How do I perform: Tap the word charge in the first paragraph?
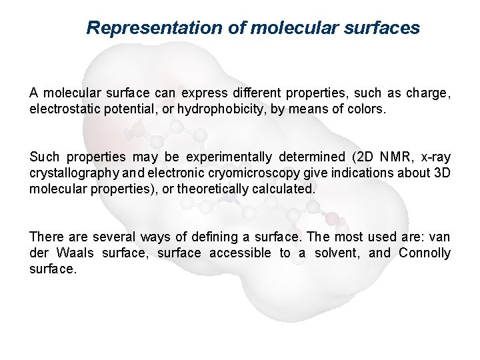click(x=429, y=93)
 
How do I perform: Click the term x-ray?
click(x=436, y=158)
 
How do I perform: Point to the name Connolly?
click(x=425, y=253)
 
